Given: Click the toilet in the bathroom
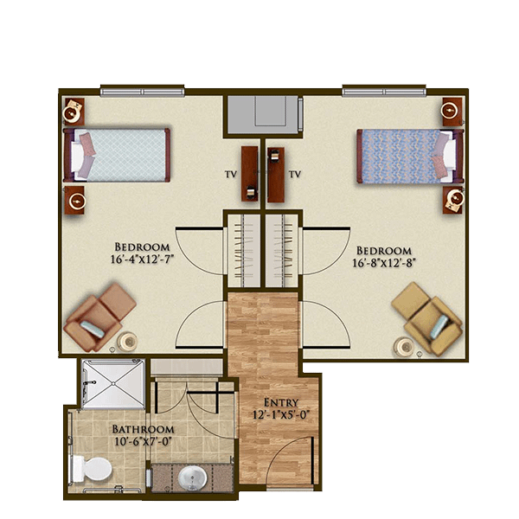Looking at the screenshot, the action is (92, 469).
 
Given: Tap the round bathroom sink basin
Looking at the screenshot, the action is (193, 478).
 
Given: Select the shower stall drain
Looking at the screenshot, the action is (113, 383).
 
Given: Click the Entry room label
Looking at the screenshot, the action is (280, 403).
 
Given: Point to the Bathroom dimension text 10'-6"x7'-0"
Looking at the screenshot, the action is (144, 441).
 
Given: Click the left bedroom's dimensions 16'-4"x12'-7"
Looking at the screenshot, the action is (143, 259).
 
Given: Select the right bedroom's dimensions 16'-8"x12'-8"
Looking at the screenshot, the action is (383, 263).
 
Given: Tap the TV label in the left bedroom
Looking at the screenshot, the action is (231, 175).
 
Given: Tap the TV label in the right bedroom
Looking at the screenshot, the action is (295, 174).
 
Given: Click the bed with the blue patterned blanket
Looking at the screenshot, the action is (410, 157).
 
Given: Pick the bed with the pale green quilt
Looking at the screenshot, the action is (117, 155).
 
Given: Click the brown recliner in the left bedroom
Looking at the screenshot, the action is (99, 317).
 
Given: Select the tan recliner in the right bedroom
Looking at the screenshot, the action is (427, 318).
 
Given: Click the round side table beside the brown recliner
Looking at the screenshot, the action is (127, 342).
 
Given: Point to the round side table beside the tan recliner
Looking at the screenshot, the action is (404, 347).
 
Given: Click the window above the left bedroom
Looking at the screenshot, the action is (143, 90).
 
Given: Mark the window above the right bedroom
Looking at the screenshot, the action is (384, 90).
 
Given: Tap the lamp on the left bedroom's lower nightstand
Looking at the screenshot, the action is (77, 201).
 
